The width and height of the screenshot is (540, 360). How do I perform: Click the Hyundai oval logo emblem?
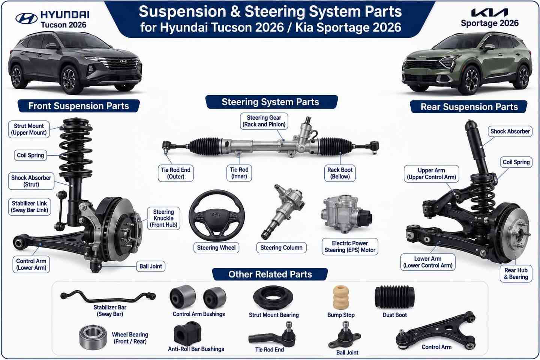(x=26, y=19)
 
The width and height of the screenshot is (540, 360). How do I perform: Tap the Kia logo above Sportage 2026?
(x=490, y=12)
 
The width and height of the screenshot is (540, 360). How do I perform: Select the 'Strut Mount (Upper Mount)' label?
(x=29, y=129)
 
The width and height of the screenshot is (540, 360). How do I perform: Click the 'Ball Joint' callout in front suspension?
(x=151, y=266)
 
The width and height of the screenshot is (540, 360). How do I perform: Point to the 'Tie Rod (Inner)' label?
(x=239, y=173)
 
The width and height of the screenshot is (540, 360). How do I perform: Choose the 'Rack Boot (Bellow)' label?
(x=340, y=173)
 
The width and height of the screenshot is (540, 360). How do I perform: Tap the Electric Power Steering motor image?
(x=346, y=213)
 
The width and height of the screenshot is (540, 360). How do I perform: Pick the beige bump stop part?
(x=340, y=298)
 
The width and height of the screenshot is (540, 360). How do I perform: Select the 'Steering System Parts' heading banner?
(x=271, y=102)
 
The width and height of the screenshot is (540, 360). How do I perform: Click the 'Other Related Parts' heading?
(x=270, y=274)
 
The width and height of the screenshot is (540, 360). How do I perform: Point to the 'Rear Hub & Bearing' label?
(x=516, y=274)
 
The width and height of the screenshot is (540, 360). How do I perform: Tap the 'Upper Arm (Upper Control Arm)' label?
(x=431, y=174)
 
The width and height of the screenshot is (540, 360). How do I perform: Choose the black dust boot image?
(x=394, y=297)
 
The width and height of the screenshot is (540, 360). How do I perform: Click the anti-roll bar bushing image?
(x=187, y=334)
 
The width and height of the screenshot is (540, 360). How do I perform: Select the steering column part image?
(x=282, y=211)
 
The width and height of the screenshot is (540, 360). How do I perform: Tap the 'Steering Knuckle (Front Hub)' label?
(x=163, y=218)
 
